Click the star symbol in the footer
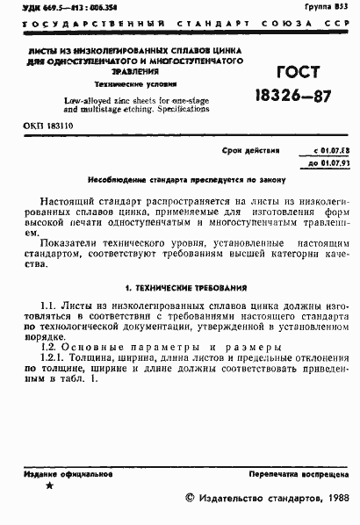coord(49,486)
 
